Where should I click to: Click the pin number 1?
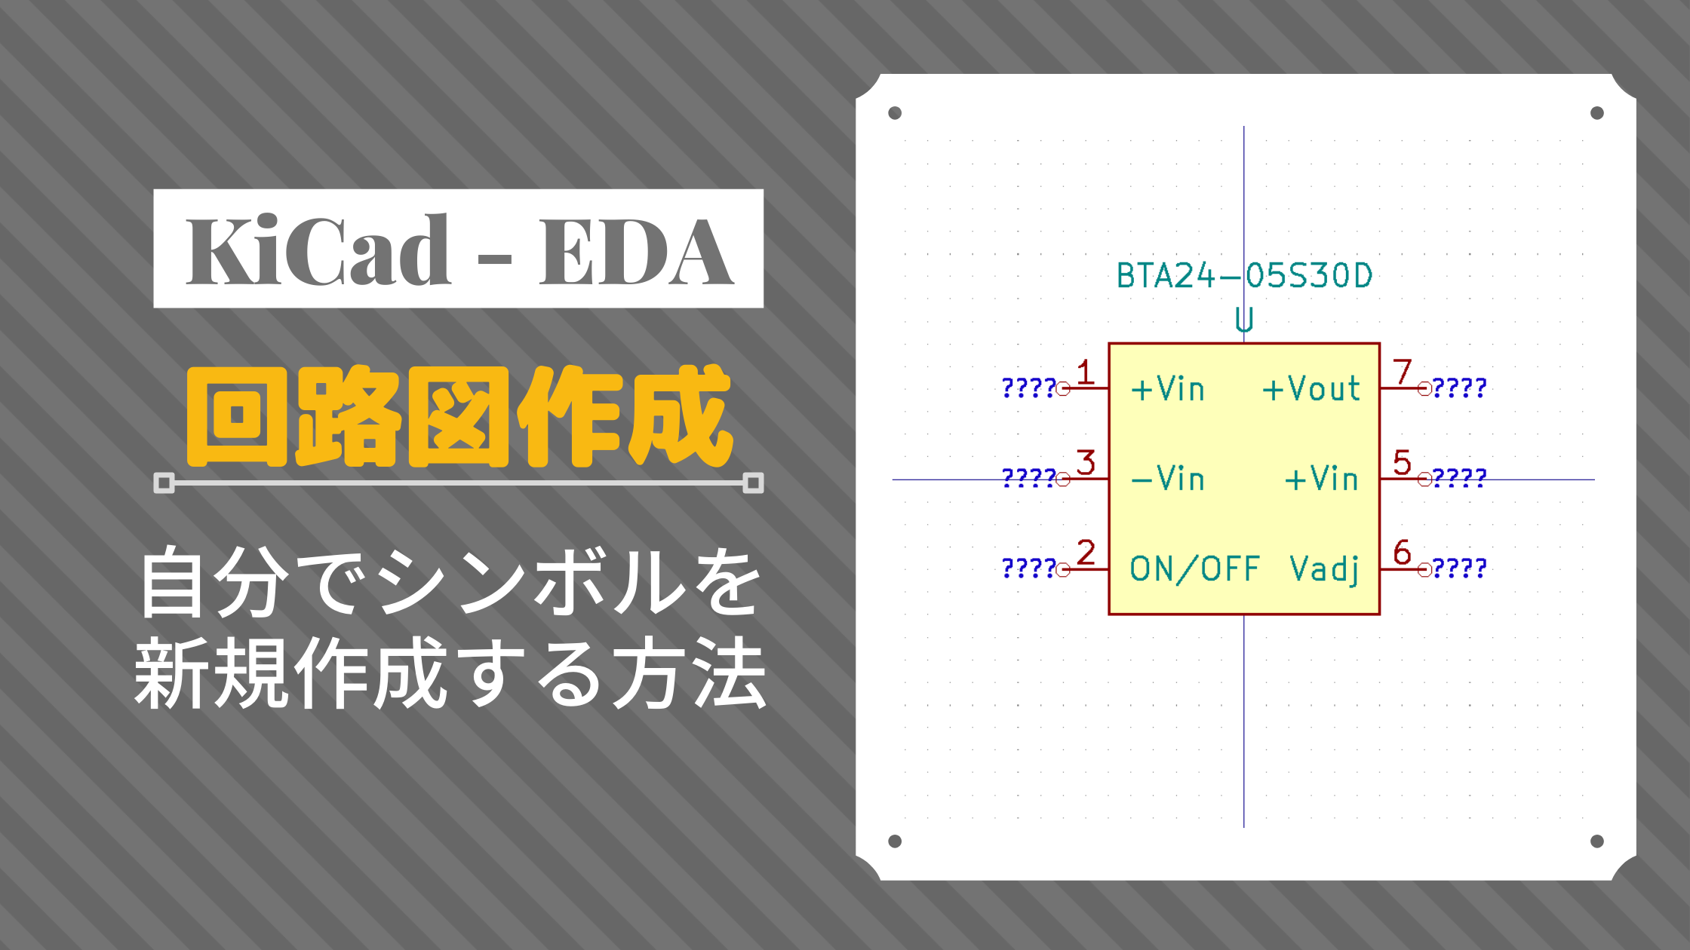coord(1085,372)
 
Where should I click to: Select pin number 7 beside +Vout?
coord(1402,372)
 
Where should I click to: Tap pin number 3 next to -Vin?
coord(1086,462)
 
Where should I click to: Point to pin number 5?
coord(1402,462)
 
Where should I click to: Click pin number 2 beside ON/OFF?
coord(1086,552)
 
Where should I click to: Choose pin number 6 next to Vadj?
coord(1402,552)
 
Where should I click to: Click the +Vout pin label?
coord(1311,389)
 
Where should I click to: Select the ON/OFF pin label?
coord(1194,569)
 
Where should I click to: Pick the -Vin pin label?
coord(1168,479)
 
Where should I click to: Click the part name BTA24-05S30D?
coord(1244,276)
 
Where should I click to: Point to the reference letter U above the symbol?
coord(1244,320)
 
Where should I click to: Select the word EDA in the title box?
coord(635,253)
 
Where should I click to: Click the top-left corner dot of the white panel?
coord(895,113)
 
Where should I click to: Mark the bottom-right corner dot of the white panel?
coord(1597,841)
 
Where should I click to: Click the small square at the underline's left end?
coord(164,483)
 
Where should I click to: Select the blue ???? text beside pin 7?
coord(1459,388)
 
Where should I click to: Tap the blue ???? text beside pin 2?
coord(1028,568)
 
